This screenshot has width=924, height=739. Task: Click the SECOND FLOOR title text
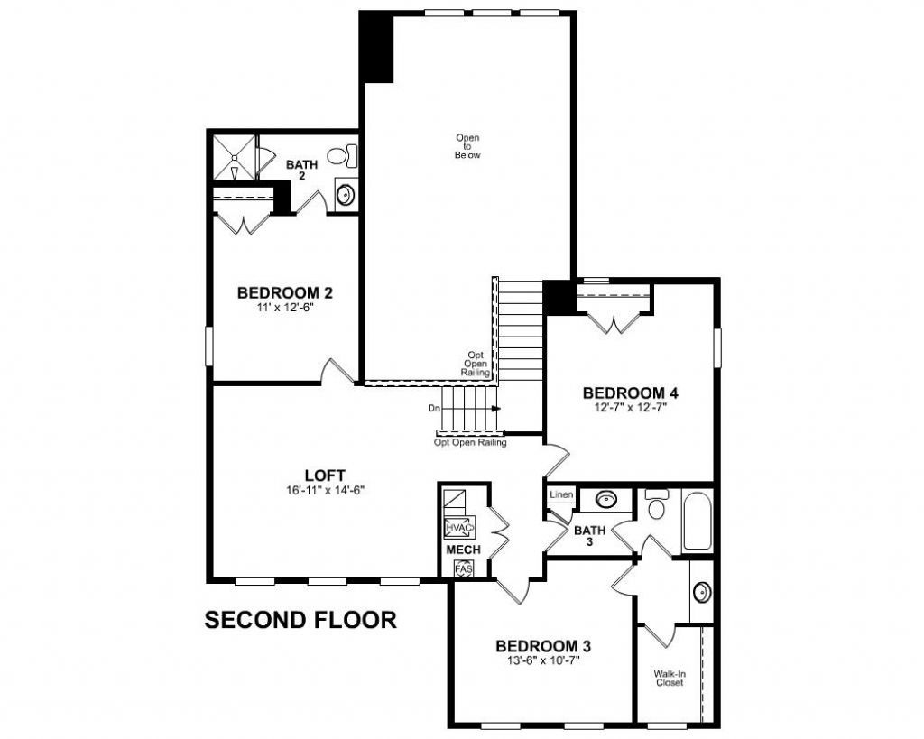300,620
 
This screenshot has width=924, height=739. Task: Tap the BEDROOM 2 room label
285,293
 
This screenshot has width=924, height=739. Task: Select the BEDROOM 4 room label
630,393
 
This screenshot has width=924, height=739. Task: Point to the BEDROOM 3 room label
543,646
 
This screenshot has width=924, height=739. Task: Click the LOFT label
326,475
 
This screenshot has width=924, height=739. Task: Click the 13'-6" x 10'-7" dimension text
543,660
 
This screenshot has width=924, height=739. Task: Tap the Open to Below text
467,146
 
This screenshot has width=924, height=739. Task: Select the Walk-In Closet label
669,678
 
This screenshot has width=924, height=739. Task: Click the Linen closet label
560,495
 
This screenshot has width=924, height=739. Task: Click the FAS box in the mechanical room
464,570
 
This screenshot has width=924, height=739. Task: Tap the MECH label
463,550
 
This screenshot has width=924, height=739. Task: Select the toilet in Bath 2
340,157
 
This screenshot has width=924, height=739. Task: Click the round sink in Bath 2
344,193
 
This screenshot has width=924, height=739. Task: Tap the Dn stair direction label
434,409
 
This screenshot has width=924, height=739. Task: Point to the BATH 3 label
589,535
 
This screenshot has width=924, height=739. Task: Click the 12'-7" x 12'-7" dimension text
630,407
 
